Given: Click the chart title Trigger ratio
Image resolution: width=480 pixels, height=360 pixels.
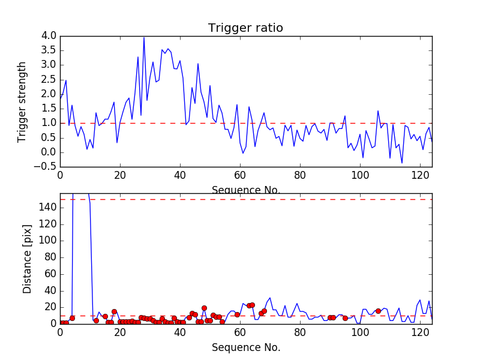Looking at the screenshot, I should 245,28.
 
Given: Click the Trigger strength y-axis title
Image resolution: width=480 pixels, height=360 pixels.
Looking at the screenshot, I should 22,102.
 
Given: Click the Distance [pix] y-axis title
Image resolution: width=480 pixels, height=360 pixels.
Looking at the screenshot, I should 27,258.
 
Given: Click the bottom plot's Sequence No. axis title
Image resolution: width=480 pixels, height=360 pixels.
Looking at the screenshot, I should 245,347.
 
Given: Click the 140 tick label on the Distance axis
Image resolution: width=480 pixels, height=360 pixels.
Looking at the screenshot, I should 47,208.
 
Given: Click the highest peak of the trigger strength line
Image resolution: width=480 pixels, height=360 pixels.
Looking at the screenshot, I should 144,37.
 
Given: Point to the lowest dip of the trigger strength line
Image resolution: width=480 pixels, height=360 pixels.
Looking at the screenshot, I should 402,163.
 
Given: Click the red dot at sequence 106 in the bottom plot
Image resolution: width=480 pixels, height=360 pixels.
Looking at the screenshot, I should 378,311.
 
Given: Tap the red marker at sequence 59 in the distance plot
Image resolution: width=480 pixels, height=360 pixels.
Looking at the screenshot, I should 237,314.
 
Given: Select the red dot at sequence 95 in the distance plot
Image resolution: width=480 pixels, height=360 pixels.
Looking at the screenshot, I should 345,318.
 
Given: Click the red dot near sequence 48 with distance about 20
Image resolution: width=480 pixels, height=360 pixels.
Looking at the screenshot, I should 204,308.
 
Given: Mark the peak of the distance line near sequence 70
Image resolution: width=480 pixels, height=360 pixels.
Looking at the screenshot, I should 270,298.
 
